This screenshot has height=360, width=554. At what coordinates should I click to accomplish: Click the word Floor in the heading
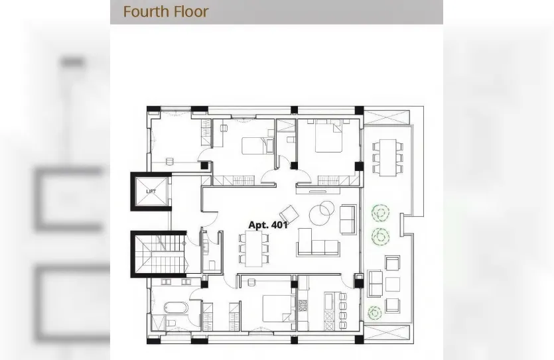[x=193, y=12]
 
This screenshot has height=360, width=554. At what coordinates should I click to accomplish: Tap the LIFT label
[x=151, y=192]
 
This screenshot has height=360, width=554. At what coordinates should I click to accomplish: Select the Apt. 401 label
[x=268, y=225]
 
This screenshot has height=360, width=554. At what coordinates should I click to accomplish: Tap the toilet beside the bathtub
[x=171, y=323]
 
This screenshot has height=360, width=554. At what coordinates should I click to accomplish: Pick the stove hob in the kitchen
[x=303, y=306]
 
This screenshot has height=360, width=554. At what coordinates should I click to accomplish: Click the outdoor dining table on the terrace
[x=387, y=157]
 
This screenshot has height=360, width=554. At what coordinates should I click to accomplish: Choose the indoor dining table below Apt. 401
[x=254, y=249]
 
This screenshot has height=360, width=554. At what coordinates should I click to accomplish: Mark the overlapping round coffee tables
[x=322, y=213]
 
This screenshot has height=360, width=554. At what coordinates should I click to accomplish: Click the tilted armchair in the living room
[x=289, y=213]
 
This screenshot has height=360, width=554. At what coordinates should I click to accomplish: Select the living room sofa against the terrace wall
[x=348, y=219]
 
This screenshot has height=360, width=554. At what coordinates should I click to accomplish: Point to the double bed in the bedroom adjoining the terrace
[x=329, y=136]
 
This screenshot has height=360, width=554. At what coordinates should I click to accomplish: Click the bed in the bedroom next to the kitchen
[x=279, y=308]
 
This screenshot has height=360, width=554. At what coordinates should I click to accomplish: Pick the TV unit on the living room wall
[x=318, y=191]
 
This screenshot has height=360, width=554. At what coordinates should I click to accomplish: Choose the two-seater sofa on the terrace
[x=375, y=283]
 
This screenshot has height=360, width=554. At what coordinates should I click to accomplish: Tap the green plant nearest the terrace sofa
[x=374, y=313]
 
